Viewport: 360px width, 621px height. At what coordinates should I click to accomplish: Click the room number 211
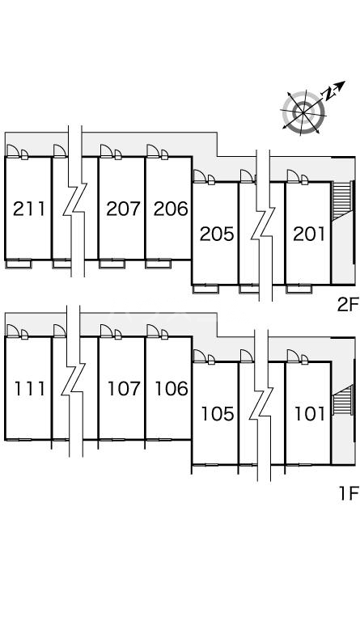pos(29,209)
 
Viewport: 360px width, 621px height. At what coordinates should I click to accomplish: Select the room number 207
pos(123,209)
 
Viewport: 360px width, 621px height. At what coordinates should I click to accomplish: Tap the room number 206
pos(171,209)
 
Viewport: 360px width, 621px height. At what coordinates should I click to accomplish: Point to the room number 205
pos(217,234)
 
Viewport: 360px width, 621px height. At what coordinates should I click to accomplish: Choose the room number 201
pos(309,234)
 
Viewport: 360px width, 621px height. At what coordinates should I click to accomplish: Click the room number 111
pos(30,388)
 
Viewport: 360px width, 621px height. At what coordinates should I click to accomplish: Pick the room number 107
pos(124,388)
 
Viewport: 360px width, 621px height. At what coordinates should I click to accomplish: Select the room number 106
pos(171,388)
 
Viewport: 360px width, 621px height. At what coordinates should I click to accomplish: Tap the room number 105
pos(218,414)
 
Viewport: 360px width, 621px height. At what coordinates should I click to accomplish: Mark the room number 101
pos(310,414)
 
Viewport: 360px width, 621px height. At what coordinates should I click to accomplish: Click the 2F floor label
pos(347,305)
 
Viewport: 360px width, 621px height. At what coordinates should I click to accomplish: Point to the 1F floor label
pos(348,493)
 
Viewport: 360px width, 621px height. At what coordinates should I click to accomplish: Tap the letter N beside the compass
pos(328,94)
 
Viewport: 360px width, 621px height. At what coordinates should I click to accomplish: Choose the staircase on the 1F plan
pos(342,399)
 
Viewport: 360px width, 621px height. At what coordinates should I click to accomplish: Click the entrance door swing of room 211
pos(13,151)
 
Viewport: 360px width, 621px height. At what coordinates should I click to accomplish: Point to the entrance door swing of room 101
pos(294,356)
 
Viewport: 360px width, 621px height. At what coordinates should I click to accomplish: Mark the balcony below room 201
pos(299,289)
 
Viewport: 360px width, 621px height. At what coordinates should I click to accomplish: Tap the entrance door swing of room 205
pos(200,176)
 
